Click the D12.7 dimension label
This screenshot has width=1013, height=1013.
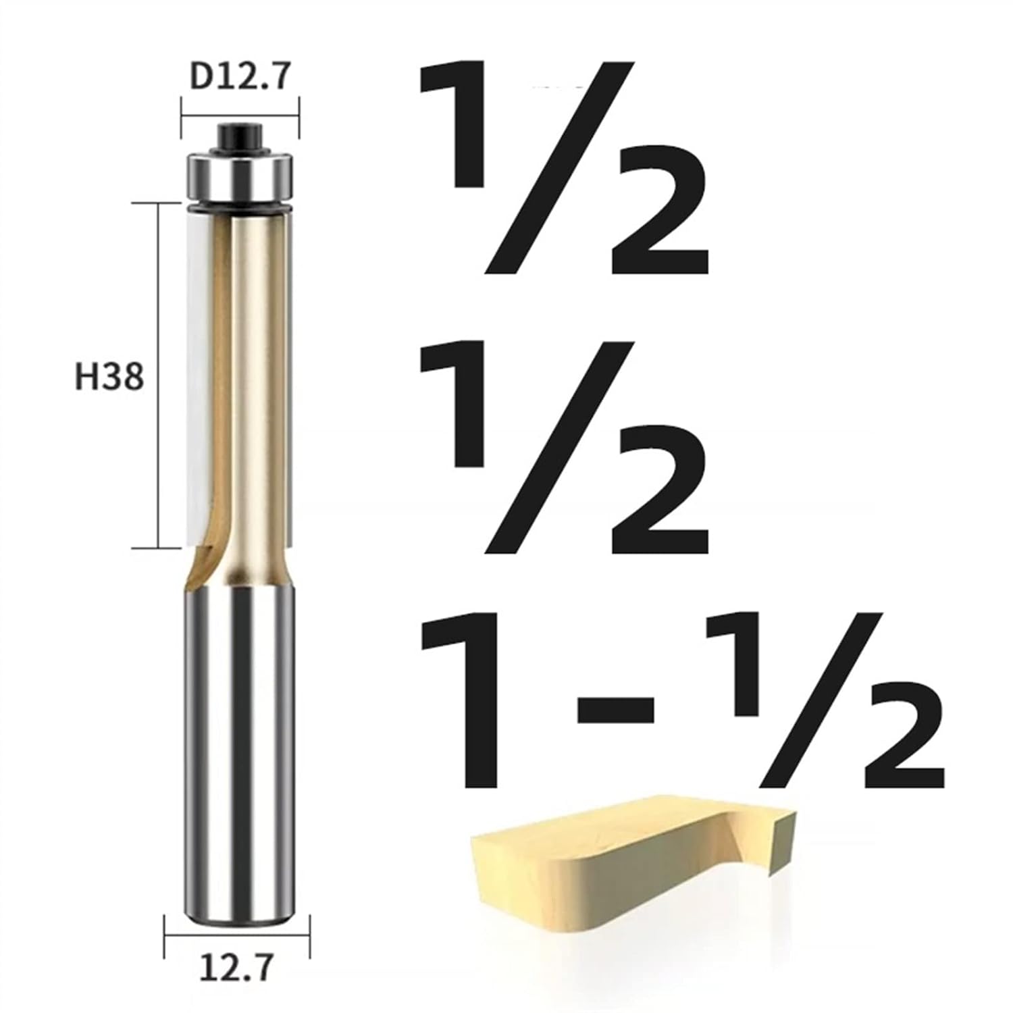pos(240,76)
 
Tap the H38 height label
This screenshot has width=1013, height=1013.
pos(109,377)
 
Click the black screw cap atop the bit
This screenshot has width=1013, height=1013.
pos(240,138)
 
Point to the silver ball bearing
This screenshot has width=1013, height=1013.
pos(240,177)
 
